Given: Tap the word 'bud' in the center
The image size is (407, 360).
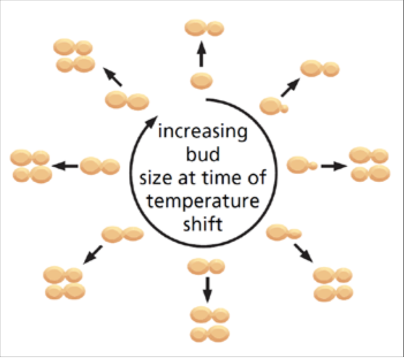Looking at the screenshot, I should tap(203, 156).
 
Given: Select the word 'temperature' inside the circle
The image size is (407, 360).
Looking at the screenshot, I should tap(203, 201).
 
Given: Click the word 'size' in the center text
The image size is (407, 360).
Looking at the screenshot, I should tap(154, 178).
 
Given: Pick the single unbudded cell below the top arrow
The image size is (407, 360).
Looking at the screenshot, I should tap(201, 81).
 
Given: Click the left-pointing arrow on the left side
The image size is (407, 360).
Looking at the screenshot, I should tap(65, 166).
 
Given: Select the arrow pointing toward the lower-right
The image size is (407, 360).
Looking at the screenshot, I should tap(303, 252).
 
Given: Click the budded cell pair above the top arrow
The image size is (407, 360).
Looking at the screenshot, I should tap(204, 28).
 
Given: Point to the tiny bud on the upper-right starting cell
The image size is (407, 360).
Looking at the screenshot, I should tap(284, 108).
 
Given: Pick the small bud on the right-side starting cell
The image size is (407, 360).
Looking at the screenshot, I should tap(312, 166).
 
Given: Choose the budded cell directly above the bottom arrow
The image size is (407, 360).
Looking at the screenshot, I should tap(206, 266).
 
